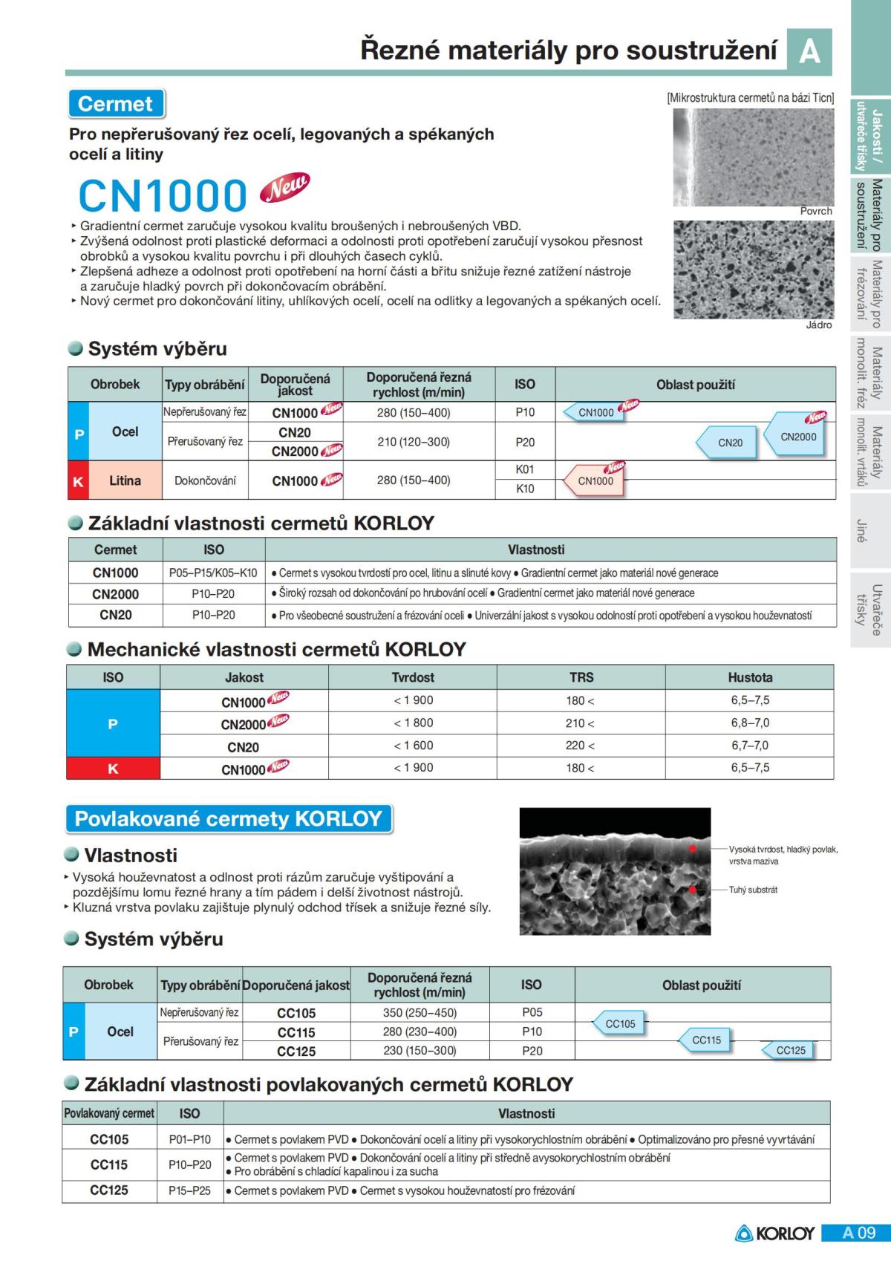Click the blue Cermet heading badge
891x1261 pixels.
[x=115, y=104]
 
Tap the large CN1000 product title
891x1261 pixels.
[x=163, y=195]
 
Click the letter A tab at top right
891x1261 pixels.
[x=809, y=50]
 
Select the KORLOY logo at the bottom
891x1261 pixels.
[x=775, y=1234]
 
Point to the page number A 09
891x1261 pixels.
[x=858, y=1234]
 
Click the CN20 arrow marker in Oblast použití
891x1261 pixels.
[x=728, y=443]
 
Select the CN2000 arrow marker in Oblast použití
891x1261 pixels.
[x=796, y=437]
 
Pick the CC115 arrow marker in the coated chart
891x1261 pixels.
[x=704, y=1040]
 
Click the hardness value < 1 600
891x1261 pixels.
[x=413, y=746]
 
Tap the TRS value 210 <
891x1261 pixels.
[x=580, y=723]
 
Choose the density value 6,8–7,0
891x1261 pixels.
[x=750, y=723]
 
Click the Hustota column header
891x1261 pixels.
[x=750, y=677]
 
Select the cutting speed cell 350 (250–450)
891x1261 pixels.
[x=420, y=1013]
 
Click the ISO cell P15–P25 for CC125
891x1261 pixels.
[x=189, y=1191]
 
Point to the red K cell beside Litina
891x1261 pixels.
[x=78, y=481]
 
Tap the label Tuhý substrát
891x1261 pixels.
[x=753, y=890]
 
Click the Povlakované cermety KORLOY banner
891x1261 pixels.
[x=229, y=819]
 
